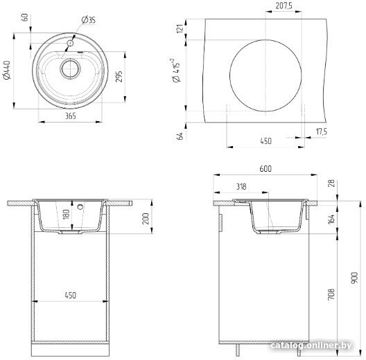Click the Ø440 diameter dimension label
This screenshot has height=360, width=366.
(x=8, y=70)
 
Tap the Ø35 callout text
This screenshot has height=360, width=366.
(x=89, y=20)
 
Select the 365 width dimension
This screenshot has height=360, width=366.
(x=70, y=116)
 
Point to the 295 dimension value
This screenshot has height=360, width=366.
(x=119, y=76)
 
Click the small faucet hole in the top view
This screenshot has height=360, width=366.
(x=70, y=43)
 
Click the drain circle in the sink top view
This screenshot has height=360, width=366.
(x=70, y=69)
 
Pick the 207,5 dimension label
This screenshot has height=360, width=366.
(x=284, y=6)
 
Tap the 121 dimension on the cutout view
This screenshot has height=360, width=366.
(x=180, y=28)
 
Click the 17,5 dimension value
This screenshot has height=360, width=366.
(x=322, y=132)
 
